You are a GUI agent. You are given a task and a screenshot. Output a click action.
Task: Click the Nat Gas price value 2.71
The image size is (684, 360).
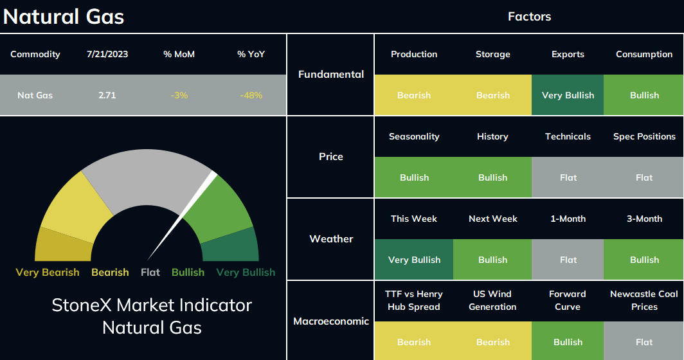point(107,95)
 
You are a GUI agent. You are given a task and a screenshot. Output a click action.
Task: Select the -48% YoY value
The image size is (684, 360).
point(251,95)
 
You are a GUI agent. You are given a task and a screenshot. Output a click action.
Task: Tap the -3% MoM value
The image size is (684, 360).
point(179,95)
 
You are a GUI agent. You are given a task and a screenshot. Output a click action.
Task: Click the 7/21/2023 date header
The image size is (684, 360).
point(107,54)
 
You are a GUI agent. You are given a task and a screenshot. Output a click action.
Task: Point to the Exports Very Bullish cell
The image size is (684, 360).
point(568,95)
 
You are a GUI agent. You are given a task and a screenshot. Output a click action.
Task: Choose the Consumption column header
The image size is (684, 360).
point(644,54)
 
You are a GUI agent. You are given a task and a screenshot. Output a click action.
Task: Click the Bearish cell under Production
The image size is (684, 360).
point(414,95)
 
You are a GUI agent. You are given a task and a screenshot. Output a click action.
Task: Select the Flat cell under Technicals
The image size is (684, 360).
point(568,177)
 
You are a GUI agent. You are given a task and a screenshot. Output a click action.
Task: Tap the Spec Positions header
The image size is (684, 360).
point(644,136)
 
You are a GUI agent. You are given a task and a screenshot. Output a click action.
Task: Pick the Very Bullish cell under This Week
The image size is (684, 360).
point(414,260)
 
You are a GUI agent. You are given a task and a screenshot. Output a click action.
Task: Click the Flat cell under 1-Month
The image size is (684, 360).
point(568,260)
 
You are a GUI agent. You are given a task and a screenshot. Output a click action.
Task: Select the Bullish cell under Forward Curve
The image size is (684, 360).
point(568,341)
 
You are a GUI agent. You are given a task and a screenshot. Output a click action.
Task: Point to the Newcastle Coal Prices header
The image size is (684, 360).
point(644,300)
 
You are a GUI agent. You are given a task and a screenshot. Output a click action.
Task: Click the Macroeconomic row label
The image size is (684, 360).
point(331,321)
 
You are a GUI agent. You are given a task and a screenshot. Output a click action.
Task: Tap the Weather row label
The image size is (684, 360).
point(331,239)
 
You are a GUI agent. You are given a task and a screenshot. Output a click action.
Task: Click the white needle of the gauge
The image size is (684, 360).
point(182,216)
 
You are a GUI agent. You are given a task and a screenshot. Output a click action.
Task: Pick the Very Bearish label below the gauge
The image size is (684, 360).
point(48,273)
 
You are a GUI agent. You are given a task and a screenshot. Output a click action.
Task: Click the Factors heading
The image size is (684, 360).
point(529,17)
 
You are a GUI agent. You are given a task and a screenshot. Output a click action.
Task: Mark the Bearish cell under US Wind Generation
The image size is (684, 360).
point(492,341)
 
